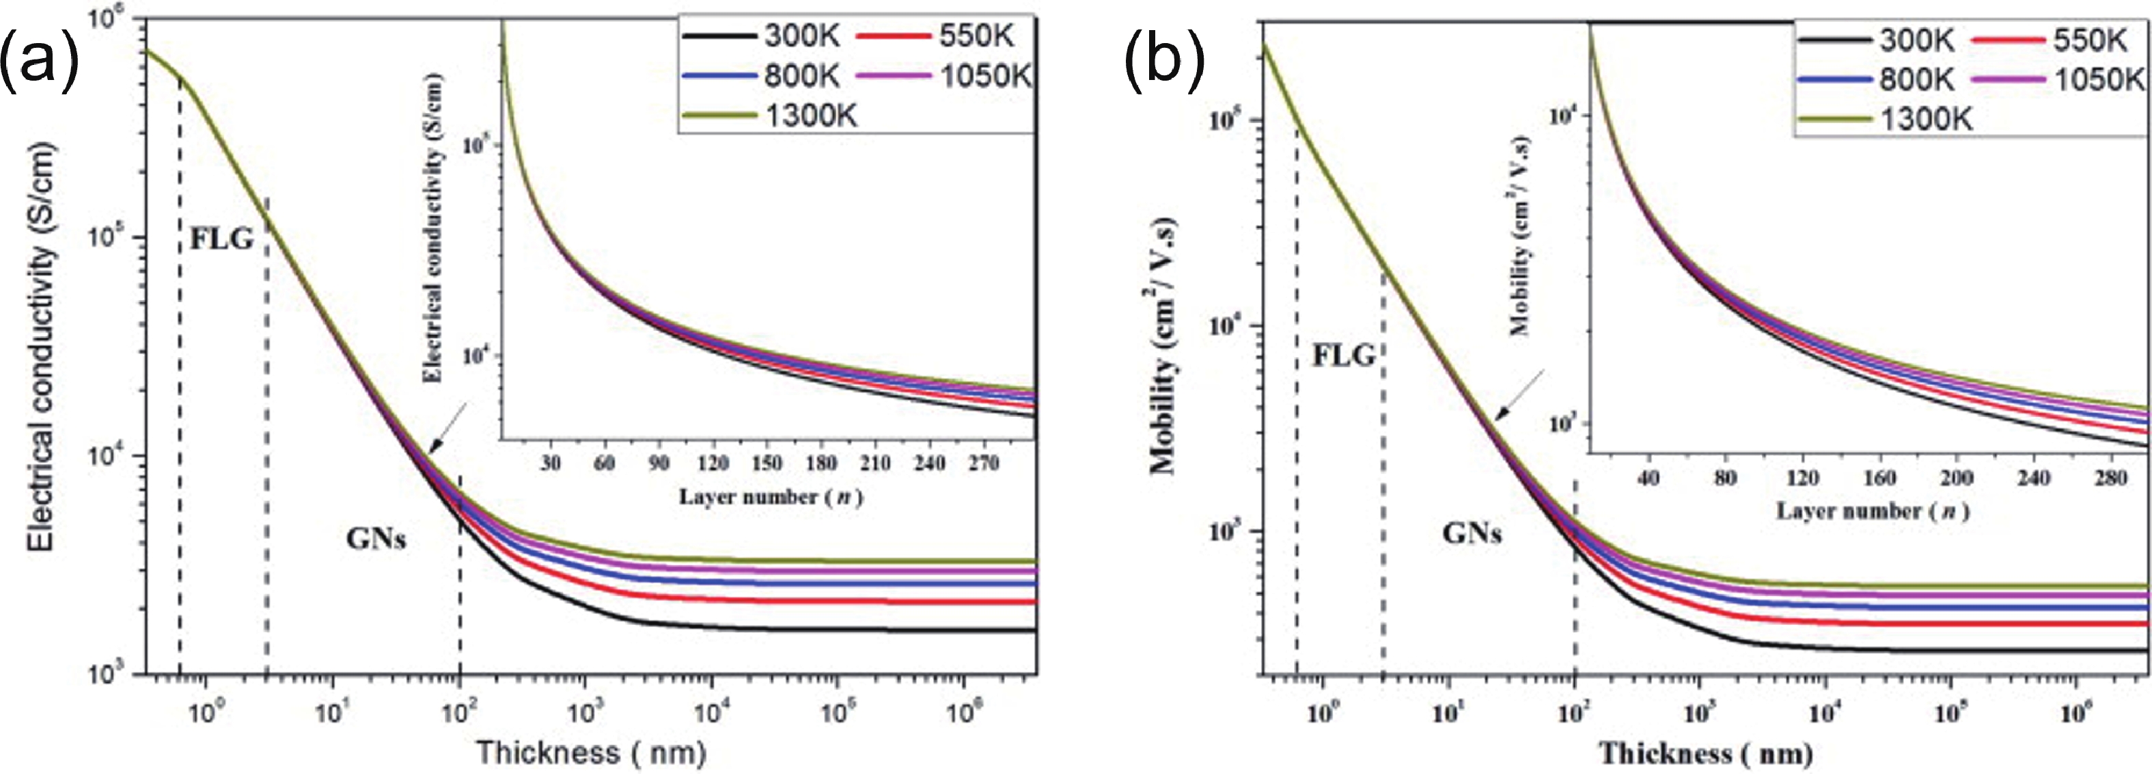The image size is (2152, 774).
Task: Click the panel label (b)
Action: click(1163, 60)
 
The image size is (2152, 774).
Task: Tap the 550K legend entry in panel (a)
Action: click(937, 36)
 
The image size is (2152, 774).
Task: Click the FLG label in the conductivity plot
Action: click(221, 239)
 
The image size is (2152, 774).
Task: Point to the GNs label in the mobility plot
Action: click(1472, 533)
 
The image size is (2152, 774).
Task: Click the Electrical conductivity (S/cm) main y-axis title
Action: click(40, 347)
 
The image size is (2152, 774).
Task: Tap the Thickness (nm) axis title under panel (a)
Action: click(592, 752)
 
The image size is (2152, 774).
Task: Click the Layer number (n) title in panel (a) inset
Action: click(770, 497)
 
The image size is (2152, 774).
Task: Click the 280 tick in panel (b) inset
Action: click(2112, 478)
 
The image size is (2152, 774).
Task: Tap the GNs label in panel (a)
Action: click(376, 539)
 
